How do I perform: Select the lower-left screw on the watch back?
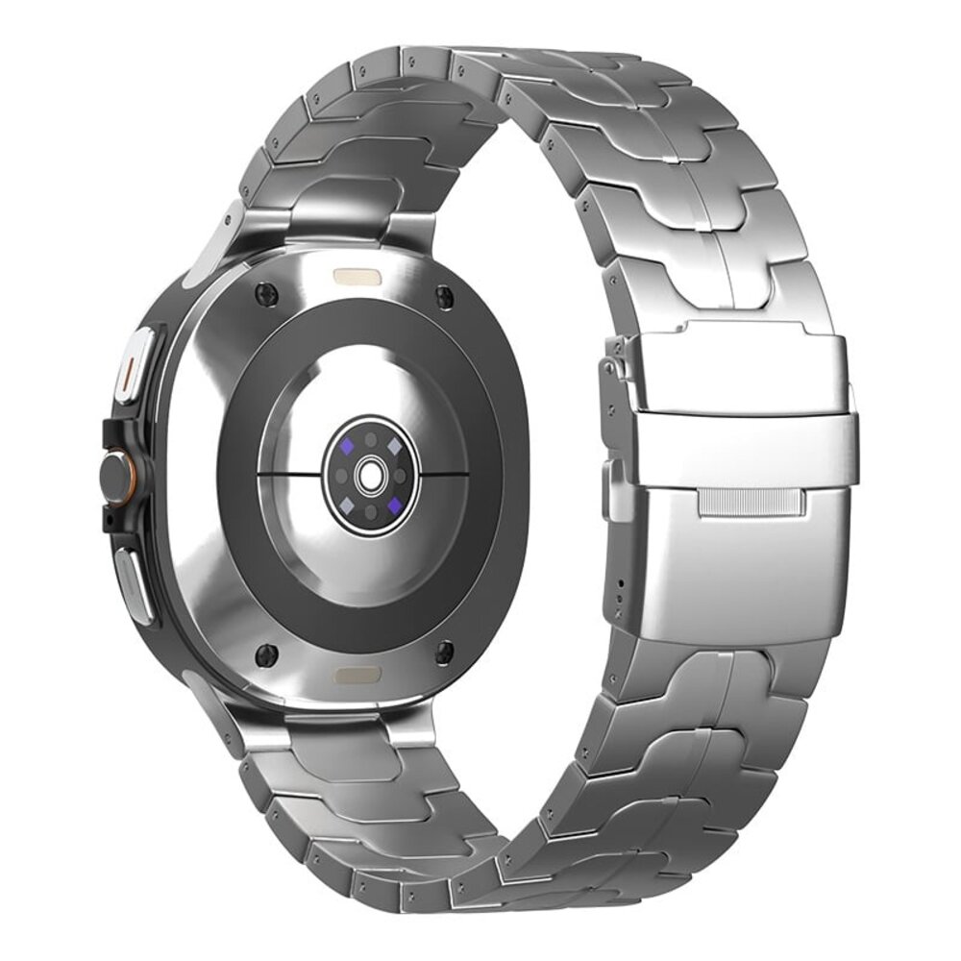[266, 655]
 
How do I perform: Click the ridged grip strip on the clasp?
[750, 502]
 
